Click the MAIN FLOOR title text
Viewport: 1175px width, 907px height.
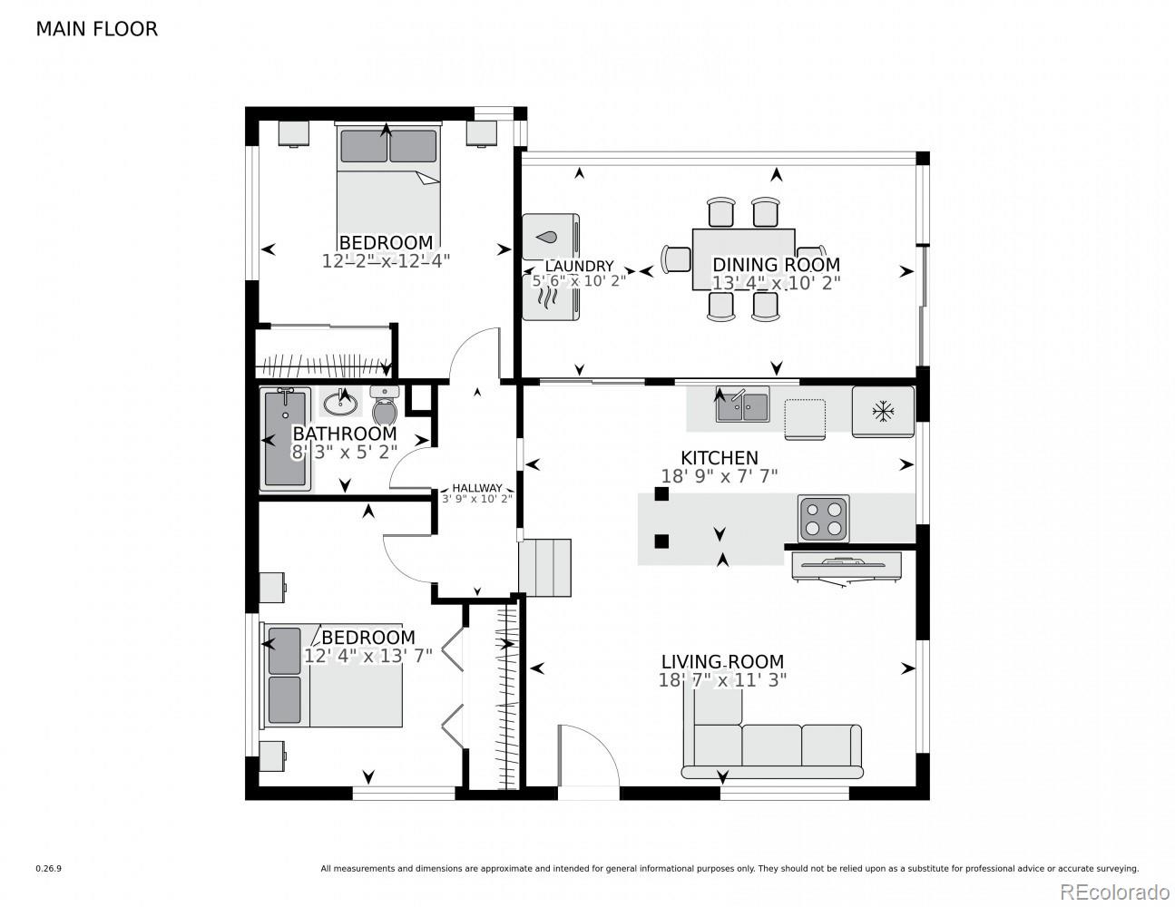click(x=96, y=29)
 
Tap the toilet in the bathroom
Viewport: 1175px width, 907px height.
click(x=385, y=407)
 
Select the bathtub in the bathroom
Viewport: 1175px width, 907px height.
click(x=286, y=440)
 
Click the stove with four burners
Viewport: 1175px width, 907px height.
click(x=824, y=518)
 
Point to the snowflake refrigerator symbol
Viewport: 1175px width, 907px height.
click(x=882, y=412)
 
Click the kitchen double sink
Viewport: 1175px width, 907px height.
click(x=742, y=405)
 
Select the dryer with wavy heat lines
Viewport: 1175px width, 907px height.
click(x=551, y=298)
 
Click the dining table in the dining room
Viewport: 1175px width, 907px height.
click(x=743, y=259)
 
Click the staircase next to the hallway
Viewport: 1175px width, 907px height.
click(x=545, y=567)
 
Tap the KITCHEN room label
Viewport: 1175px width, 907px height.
click(x=720, y=458)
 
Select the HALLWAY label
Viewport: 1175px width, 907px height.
click(x=477, y=488)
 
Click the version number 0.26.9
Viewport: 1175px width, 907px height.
click(x=48, y=869)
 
